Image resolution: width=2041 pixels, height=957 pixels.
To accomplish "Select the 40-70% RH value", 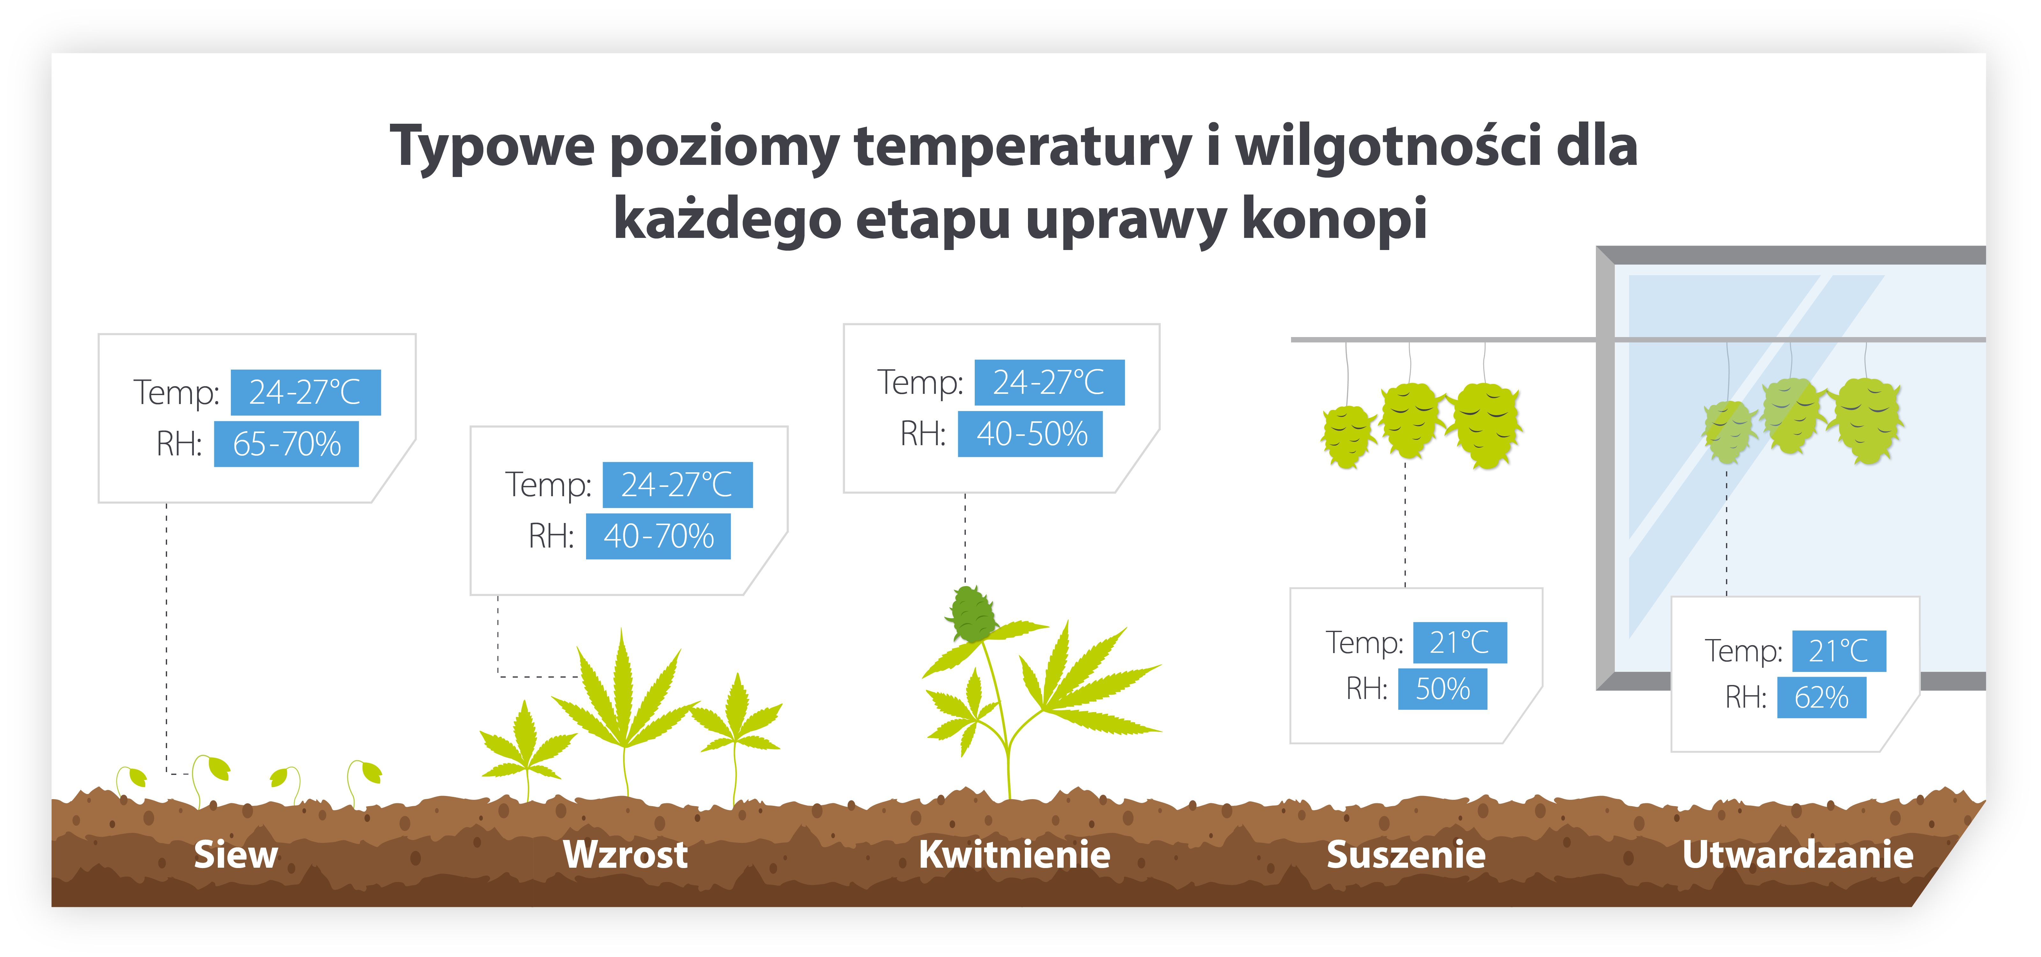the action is (x=658, y=536).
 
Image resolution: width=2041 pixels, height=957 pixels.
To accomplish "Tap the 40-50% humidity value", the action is (x=1031, y=434).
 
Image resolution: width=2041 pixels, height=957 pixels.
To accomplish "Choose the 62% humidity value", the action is (x=1822, y=698).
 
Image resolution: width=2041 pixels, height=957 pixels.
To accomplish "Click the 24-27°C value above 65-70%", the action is (x=305, y=392).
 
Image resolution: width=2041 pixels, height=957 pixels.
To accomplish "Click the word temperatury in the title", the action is (x=1022, y=147).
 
